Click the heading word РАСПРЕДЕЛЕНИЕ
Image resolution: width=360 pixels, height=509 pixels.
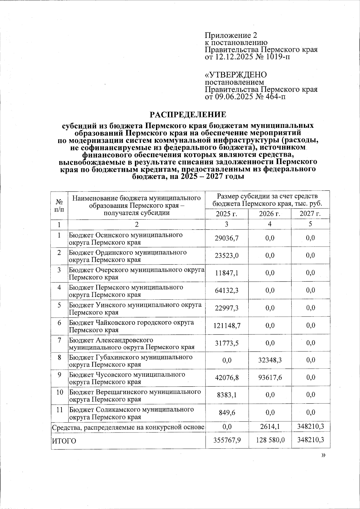[x=188, y=115]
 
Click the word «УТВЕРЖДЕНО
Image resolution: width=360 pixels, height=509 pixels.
[x=235, y=75]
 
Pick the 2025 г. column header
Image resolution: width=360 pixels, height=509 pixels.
[x=226, y=214]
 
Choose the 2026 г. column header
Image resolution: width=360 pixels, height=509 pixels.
[x=270, y=214]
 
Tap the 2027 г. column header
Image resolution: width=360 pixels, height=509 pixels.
[x=310, y=214]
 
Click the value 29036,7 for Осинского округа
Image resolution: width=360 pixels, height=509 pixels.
[x=227, y=238]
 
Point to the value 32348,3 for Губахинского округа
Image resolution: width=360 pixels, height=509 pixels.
[x=270, y=360]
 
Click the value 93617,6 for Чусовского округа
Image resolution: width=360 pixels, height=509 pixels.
[x=270, y=378]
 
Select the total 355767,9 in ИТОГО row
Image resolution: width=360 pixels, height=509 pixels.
[x=227, y=440]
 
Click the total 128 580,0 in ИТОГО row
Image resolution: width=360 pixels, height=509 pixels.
[x=270, y=440]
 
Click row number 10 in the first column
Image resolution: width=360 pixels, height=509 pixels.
[x=59, y=392]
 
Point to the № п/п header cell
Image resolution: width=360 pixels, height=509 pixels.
[x=59, y=205]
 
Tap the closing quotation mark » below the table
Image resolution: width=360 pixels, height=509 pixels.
[x=323, y=455]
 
